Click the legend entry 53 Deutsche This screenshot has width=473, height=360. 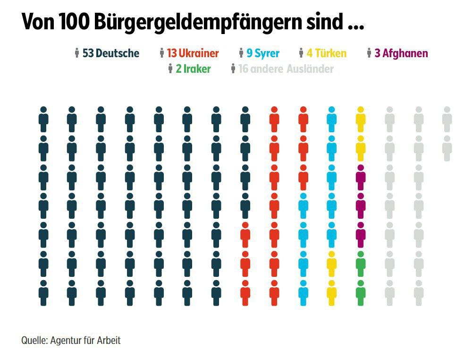(x=110, y=53)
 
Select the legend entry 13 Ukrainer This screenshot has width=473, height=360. (x=193, y=53)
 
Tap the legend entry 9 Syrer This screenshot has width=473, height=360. (x=263, y=53)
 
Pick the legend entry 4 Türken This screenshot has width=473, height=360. (x=326, y=53)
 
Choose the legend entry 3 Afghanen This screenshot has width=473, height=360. (x=401, y=53)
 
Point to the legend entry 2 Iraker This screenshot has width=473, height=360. (x=193, y=69)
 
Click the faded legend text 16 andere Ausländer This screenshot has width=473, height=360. (x=286, y=69)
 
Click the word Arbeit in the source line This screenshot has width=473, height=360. (x=109, y=340)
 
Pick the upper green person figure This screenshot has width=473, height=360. (x=361, y=264)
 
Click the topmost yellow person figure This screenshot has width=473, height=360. (x=361, y=119)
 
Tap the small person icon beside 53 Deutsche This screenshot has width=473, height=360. (x=77, y=53)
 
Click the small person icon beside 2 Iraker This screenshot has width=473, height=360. (x=170, y=69)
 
